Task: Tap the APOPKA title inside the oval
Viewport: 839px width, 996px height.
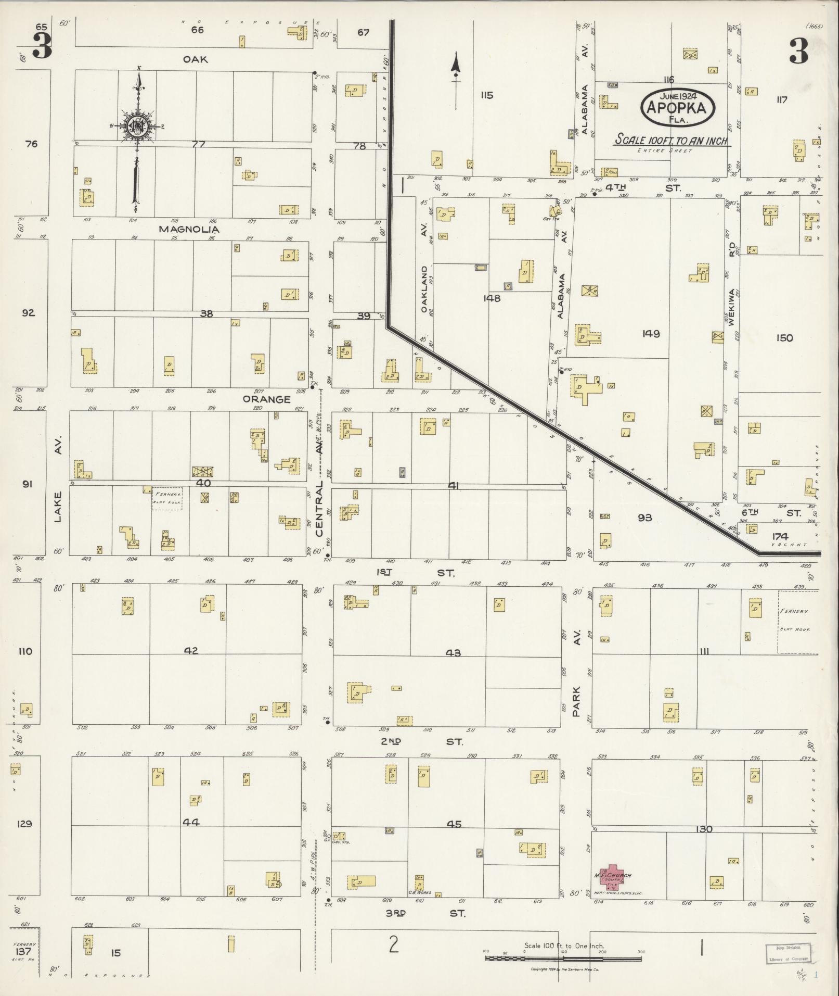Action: [x=677, y=108]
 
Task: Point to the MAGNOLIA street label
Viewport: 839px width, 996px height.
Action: [x=189, y=229]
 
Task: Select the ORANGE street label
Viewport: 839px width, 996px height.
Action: [x=266, y=399]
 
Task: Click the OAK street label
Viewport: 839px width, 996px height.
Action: [x=195, y=59]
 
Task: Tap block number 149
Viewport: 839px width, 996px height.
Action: [x=650, y=334]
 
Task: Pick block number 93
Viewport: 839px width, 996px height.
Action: [x=644, y=518]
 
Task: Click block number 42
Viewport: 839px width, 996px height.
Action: [x=191, y=650]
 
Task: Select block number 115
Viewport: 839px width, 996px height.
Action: [x=486, y=95]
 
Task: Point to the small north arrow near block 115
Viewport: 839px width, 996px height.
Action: [x=456, y=78]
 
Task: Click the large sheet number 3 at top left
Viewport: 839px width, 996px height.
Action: [x=42, y=46]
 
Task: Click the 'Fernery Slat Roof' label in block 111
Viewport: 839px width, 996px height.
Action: [x=793, y=620]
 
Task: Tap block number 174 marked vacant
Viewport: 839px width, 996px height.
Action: [x=780, y=537]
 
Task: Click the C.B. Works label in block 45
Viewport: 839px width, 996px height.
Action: [x=420, y=892]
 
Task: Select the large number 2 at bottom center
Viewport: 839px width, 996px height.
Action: [x=394, y=944]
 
